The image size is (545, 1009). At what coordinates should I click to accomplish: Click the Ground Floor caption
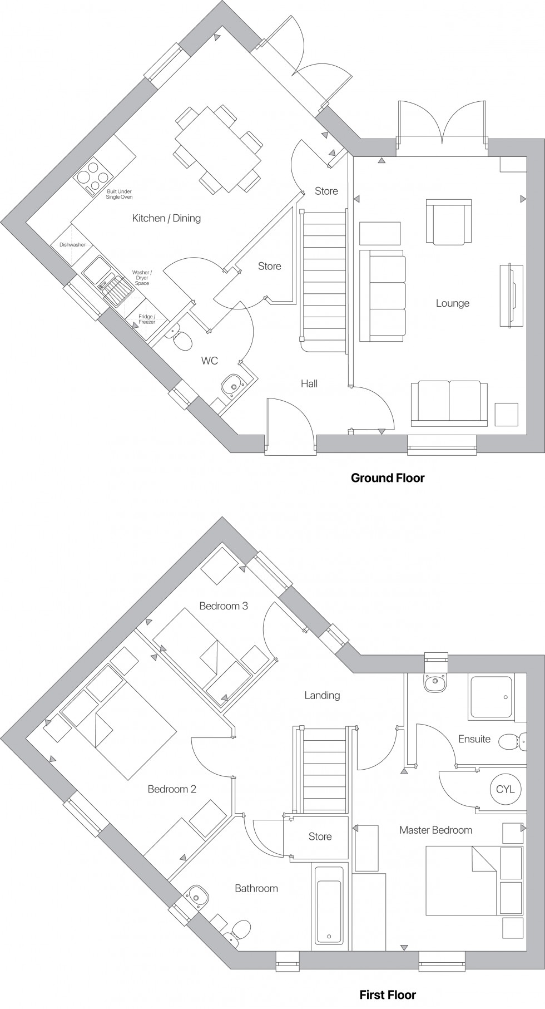(387, 478)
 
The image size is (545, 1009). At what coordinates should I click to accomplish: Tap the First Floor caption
(387, 995)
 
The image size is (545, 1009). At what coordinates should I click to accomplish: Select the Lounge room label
(452, 303)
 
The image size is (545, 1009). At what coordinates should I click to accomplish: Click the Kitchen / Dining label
(166, 218)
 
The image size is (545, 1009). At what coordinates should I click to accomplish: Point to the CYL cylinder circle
(505, 789)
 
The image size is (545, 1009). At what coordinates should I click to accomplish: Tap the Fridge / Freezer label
(147, 319)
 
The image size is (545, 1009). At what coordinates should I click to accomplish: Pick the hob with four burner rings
(92, 177)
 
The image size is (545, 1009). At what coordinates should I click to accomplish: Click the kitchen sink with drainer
(108, 282)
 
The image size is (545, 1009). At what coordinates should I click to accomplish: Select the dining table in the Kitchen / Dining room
(217, 149)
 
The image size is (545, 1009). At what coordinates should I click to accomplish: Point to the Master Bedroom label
(435, 830)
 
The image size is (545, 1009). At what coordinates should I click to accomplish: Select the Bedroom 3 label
(224, 606)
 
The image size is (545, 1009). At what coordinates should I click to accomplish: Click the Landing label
(322, 695)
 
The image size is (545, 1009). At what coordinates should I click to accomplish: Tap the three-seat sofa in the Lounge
(383, 295)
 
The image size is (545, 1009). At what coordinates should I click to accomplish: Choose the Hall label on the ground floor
(309, 383)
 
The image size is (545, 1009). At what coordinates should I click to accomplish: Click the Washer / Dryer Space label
(142, 278)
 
